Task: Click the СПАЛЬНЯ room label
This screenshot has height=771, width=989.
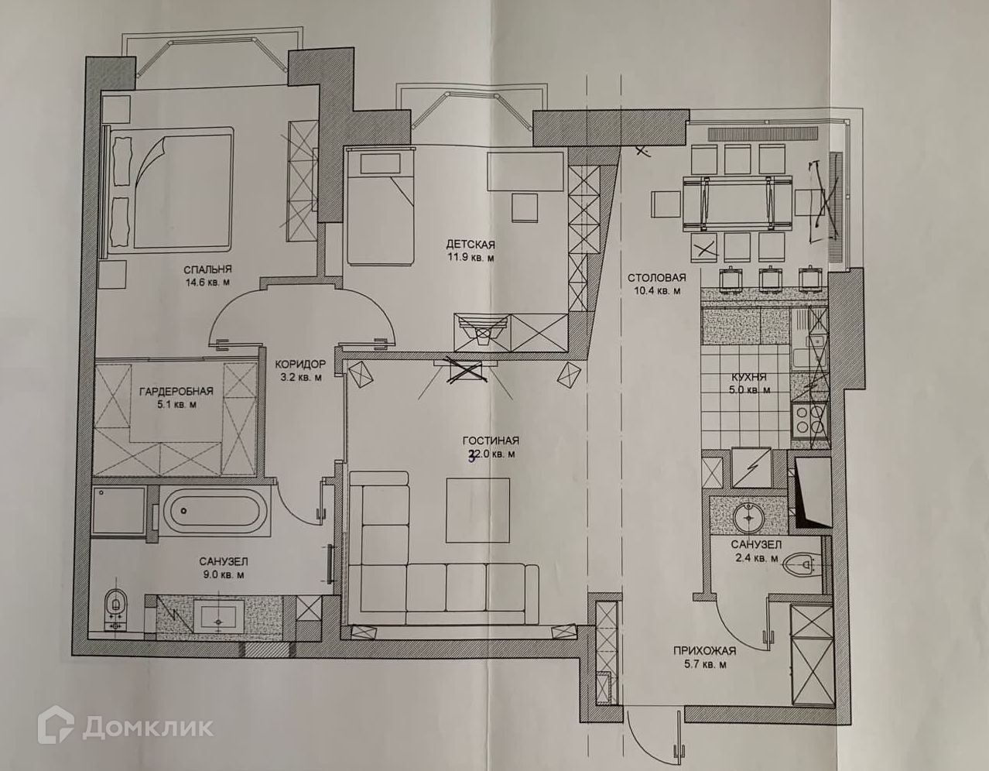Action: click(207, 269)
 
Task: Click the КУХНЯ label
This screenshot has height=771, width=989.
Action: click(748, 378)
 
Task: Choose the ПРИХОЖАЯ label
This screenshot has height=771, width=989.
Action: click(703, 651)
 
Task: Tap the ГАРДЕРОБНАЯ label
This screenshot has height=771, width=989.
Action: click(176, 392)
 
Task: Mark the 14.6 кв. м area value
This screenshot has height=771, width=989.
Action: click(207, 283)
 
